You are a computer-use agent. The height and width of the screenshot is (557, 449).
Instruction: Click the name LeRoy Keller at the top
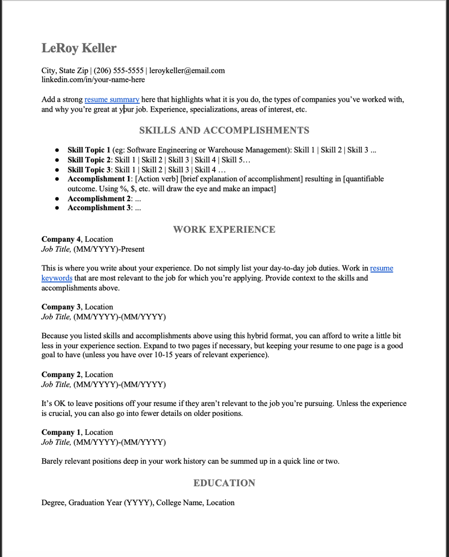[x=79, y=48]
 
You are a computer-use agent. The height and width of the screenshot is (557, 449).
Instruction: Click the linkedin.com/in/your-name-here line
[x=93, y=80]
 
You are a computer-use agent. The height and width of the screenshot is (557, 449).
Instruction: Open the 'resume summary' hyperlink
[x=112, y=100]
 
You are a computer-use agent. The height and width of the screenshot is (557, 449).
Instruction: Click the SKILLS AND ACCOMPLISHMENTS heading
[x=224, y=131]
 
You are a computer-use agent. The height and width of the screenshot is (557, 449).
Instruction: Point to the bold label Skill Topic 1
[x=89, y=150]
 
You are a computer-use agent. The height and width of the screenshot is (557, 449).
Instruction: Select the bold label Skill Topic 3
[x=89, y=170]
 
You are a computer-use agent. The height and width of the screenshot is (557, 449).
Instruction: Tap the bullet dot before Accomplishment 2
[x=58, y=199]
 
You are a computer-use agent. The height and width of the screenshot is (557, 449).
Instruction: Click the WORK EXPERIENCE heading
[x=224, y=230]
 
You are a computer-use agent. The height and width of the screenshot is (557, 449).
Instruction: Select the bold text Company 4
[x=61, y=240]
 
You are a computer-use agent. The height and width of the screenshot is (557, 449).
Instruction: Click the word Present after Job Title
[x=131, y=249]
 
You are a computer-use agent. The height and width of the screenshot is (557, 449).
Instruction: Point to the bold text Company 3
[x=61, y=307]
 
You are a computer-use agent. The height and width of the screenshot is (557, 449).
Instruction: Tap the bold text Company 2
[x=61, y=375]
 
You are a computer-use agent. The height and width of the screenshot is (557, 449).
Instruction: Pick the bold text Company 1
[x=61, y=433]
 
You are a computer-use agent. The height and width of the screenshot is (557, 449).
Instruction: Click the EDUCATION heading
[x=224, y=483]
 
